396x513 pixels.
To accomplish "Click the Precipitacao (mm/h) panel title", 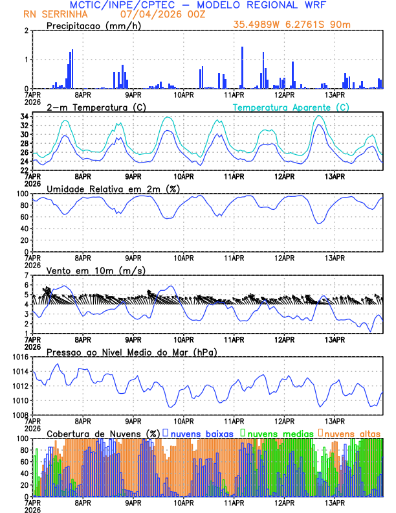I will pyautogui.click(x=94, y=25).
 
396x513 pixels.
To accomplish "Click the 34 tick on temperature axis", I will pyautogui.click(x=23, y=117).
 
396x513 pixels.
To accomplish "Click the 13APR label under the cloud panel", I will pyautogui.click(x=335, y=503).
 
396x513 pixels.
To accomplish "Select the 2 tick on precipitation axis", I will pyautogui.click(x=26, y=30).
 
